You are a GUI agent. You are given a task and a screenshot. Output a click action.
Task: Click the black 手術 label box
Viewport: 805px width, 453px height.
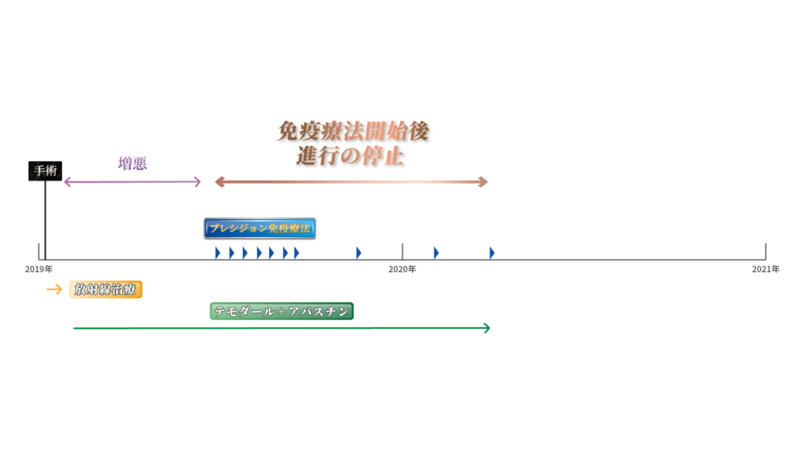click(x=46, y=171)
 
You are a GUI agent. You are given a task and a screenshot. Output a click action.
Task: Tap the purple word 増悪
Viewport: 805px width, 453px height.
click(x=133, y=164)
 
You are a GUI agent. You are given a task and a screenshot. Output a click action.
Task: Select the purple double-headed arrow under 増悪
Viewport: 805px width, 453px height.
click(x=132, y=182)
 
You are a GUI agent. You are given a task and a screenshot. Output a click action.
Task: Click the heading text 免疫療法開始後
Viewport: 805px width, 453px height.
click(x=354, y=131)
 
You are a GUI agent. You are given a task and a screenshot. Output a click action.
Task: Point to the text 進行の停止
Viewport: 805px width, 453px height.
click(x=350, y=155)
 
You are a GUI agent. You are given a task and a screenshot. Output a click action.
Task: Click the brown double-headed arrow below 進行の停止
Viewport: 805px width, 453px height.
click(x=351, y=182)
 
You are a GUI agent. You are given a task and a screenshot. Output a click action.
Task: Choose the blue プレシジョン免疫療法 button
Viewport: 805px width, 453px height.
click(x=259, y=229)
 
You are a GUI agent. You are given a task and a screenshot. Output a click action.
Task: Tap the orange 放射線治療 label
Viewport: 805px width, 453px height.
click(x=105, y=289)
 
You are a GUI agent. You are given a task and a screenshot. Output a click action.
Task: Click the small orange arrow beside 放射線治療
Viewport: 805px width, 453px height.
click(x=53, y=289)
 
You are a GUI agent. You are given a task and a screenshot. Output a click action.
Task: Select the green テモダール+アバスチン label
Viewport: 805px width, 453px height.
click(x=282, y=311)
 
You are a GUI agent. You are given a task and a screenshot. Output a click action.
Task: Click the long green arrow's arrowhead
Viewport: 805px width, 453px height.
click(x=487, y=328)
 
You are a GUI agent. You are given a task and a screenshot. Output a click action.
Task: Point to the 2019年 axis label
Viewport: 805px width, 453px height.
click(x=39, y=270)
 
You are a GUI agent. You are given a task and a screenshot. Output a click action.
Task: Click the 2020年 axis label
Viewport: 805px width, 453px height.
click(x=402, y=270)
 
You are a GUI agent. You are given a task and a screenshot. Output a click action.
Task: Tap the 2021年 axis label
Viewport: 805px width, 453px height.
click(x=765, y=270)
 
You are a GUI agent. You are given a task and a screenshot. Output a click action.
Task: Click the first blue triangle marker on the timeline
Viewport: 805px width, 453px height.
click(x=218, y=252)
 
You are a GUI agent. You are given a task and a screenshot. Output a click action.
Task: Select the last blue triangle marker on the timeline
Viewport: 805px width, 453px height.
click(x=491, y=252)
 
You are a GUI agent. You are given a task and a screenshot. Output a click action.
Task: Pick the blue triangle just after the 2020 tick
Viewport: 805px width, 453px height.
click(x=436, y=252)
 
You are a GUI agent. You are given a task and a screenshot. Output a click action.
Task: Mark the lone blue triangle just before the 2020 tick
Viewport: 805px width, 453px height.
click(x=358, y=252)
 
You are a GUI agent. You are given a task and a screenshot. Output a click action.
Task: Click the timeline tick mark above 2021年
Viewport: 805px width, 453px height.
click(x=766, y=252)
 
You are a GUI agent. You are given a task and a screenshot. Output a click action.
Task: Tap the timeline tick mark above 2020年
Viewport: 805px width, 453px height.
click(x=402, y=252)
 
